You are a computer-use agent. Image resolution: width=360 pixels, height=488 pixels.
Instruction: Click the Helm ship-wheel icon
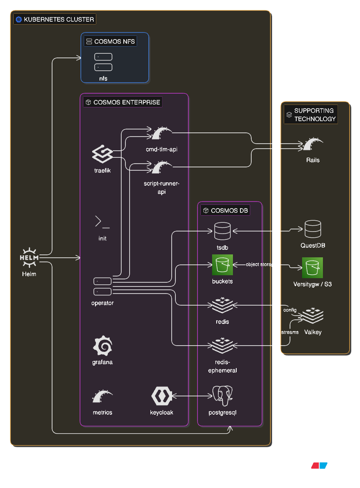click(29, 258)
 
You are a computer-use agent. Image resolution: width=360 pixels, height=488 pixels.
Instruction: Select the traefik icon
click(102, 154)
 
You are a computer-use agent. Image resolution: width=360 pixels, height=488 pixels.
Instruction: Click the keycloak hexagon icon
click(162, 396)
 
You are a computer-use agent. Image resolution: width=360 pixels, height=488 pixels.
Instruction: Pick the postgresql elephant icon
click(222, 396)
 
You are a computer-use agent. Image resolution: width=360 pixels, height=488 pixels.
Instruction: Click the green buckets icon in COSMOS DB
click(222, 265)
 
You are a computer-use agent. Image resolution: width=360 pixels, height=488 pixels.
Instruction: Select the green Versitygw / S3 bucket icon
click(312, 268)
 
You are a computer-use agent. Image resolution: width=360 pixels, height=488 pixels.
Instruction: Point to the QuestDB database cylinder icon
click(312, 229)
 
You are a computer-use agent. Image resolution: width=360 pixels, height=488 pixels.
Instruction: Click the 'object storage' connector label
click(261, 264)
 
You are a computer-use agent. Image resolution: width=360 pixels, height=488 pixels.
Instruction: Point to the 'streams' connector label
click(290, 332)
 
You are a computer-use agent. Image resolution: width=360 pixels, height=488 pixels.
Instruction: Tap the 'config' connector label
click(290, 310)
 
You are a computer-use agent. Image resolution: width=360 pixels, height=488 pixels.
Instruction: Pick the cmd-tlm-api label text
click(162, 149)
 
